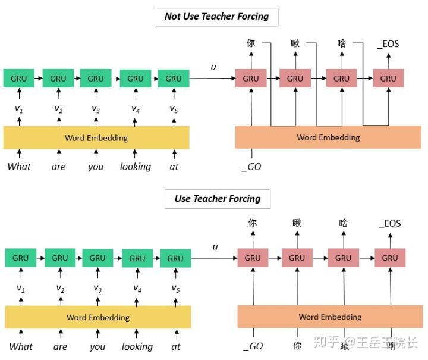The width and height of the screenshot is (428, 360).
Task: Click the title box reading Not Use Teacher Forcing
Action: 217,17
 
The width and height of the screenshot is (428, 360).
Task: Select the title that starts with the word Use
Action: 218,199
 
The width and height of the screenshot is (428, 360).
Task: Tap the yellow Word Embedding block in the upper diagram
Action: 96,137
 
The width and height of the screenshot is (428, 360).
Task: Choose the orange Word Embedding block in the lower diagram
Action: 330,317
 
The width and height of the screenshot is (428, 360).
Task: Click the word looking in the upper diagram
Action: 136,167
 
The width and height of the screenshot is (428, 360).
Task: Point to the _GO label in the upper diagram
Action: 251,167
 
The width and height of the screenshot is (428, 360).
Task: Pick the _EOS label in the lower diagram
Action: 390,223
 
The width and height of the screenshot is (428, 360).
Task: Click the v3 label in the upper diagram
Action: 96,109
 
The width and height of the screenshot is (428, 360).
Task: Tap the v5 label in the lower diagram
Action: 175,288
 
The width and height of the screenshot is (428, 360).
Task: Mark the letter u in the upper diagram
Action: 213,67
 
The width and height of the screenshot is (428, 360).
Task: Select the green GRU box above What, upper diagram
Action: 19,79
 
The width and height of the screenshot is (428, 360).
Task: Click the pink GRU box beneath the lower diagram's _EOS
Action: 390,258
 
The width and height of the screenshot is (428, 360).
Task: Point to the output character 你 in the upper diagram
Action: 251,43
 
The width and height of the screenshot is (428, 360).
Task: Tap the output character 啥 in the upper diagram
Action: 341,43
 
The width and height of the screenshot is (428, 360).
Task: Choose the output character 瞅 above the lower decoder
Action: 297,223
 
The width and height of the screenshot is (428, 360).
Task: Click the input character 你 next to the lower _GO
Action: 297,345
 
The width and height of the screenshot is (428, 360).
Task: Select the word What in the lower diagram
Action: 21,346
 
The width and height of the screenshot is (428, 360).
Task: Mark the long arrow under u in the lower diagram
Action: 214,258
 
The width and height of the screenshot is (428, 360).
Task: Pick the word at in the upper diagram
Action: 174,167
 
